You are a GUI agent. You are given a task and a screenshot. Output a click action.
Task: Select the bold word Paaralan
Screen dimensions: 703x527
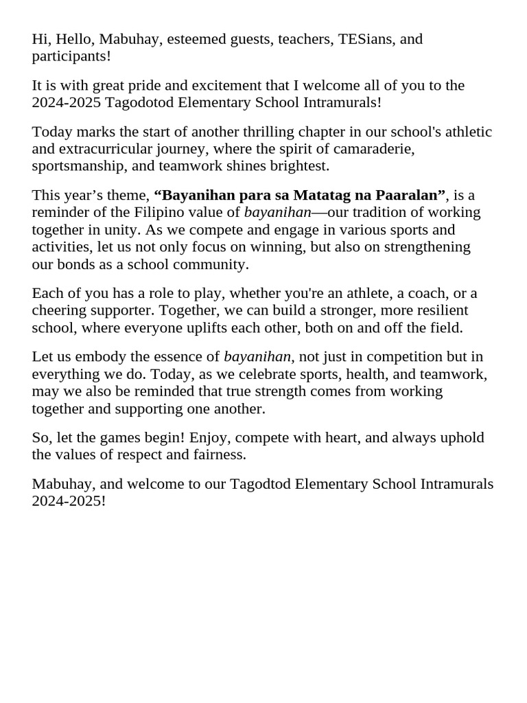409,195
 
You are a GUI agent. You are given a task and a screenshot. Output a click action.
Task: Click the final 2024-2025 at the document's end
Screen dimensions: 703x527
69,501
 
